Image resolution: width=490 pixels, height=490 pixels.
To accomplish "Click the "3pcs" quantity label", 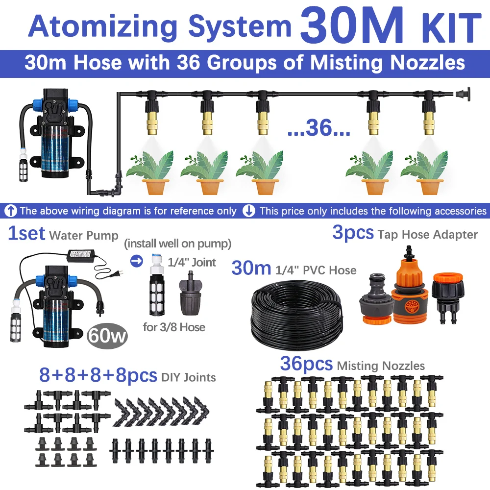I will (x=353, y=233).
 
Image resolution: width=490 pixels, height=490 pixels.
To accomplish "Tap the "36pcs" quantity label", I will (x=306, y=364).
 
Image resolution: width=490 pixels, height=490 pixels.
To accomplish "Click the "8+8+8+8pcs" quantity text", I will (x=98, y=376).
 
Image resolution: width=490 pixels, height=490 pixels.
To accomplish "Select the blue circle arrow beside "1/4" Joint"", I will (x=138, y=262).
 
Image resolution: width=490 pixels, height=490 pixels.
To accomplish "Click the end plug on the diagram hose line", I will (x=461, y=92).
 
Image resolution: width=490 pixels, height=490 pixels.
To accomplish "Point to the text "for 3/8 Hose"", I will (x=174, y=327).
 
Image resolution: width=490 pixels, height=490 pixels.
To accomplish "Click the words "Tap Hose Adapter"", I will (x=427, y=235).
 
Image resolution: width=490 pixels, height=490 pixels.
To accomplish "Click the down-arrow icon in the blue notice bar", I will (x=249, y=211).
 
